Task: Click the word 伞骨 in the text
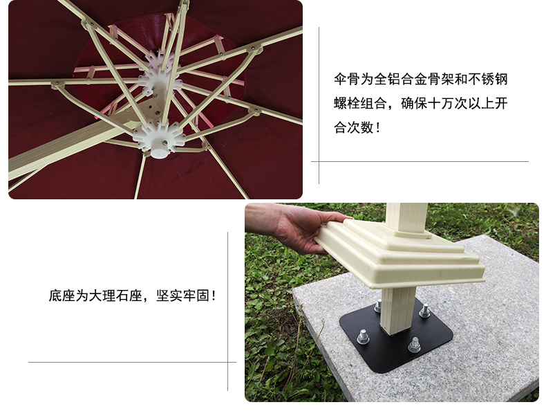click(x=346, y=80)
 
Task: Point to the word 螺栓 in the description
click(x=346, y=104)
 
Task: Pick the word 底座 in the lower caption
click(x=62, y=296)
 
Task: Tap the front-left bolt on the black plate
click(x=363, y=336)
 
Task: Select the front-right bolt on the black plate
click(x=415, y=345)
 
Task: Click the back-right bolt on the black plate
click(x=424, y=311)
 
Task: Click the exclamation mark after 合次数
click(x=379, y=127)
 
